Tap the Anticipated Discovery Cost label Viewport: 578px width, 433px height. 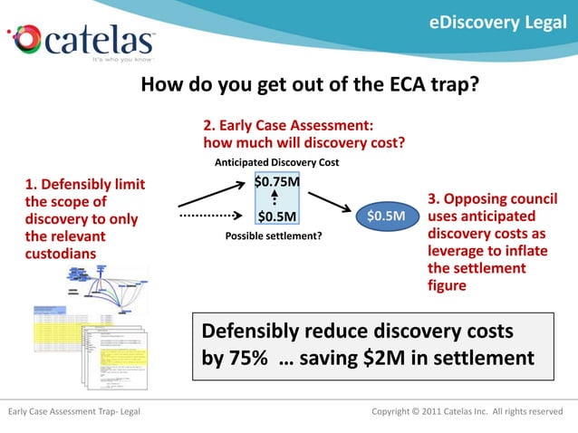[276, 163]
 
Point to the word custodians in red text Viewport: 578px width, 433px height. [60, 254]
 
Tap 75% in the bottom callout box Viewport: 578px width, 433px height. [246, 358]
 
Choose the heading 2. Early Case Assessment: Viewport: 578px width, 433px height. [287, 126]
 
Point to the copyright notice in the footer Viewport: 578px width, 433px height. [467, 412]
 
